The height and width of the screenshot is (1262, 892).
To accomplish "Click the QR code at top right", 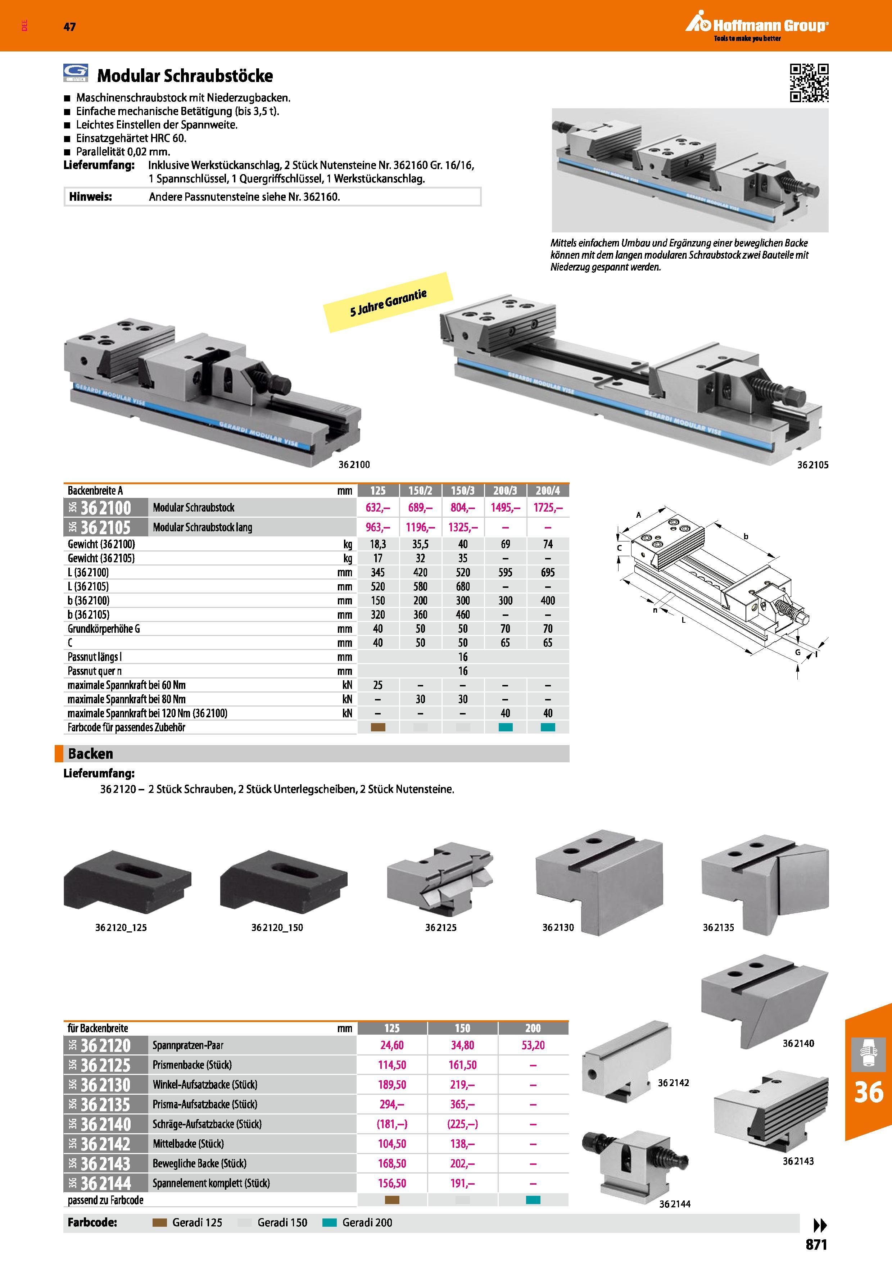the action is point(809,83).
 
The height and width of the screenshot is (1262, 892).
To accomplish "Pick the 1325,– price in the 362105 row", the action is point(463,528).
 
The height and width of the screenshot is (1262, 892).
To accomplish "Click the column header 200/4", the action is point(547,490).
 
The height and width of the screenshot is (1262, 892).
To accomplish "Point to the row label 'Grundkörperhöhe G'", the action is point(104,629).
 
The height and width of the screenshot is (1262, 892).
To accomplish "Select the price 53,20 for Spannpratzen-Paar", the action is point(533,1045).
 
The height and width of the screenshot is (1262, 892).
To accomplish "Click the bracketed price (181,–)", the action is point(392,1124).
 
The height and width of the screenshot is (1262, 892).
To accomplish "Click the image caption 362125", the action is point(441,928).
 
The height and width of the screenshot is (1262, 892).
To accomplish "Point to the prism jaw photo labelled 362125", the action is point(440,879).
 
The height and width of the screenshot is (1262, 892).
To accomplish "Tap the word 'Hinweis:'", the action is point(91,197).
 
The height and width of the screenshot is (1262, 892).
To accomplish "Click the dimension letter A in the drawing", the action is point(639,515).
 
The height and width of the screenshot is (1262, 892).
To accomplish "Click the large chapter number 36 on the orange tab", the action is point(869,1093).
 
